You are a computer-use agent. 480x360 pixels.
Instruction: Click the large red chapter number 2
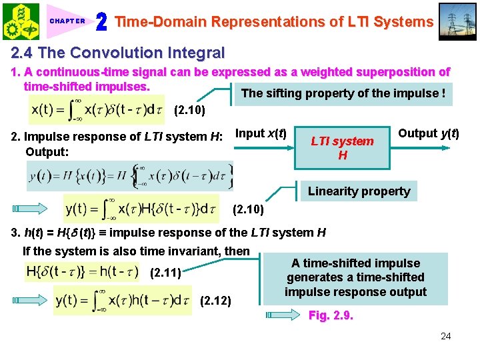click(x=102, y=22)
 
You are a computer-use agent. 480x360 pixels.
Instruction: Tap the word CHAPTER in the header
click(x=67, y=21)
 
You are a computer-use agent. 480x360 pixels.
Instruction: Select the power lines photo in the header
click(x=459, y=21)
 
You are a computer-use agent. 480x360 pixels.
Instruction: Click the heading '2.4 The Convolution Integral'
click(x=117, y=53)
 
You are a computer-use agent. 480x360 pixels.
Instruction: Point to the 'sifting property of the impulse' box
click(x=343, y=93)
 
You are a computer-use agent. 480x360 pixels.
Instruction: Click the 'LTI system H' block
click(x=343, y=148)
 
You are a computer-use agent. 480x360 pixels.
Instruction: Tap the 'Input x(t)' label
click(x=261, y=133)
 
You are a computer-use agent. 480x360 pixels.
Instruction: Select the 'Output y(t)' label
click(x=429, y=133)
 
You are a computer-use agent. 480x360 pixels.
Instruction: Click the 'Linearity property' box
click(x=359, y=191)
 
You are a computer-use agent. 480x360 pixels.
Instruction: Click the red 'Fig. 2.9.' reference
click(x=331, y=315)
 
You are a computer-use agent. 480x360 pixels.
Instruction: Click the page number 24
click(x=445, y=336)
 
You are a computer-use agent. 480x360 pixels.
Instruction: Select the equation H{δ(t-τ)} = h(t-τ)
click(x=82, y=271)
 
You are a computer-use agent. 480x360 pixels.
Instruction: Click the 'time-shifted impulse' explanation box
click(x=355, y=277)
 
